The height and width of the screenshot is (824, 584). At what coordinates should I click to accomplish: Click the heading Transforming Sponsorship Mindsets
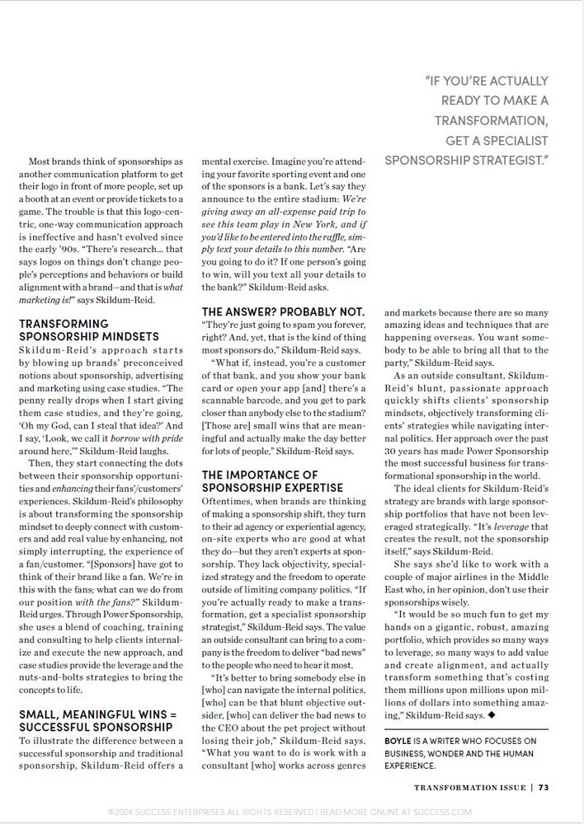coord(89,330)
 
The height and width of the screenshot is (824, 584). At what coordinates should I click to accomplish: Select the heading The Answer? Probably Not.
coord(282,311)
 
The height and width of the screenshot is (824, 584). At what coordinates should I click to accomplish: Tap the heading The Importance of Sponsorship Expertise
coord(259,481)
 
